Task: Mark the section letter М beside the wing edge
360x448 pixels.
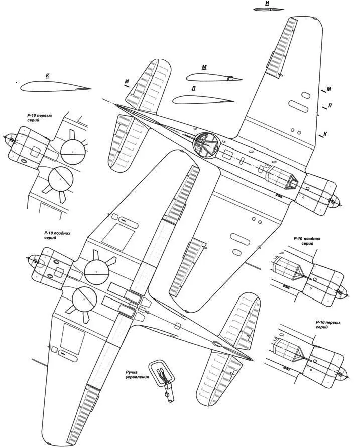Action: click(328, 90)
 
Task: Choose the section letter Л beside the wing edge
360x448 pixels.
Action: click(329, 106)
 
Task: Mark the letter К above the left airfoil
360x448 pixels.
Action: click(47, 76)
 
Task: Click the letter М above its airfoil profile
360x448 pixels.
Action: click(204, 67)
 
